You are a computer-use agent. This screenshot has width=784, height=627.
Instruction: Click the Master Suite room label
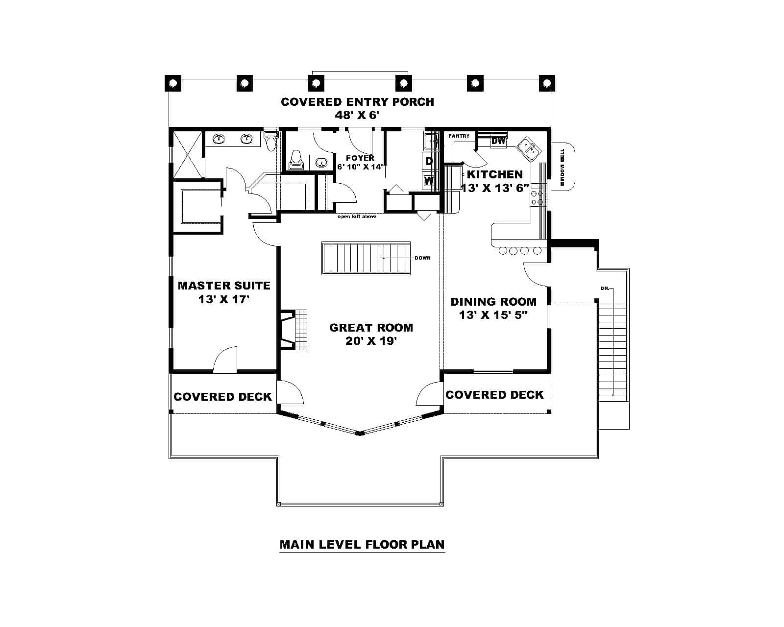point(224,285)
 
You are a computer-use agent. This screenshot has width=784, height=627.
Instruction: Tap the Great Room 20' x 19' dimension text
point(370,341)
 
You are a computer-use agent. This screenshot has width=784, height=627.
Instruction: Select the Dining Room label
point(493,302)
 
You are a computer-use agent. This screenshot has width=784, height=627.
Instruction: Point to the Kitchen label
point(495,174)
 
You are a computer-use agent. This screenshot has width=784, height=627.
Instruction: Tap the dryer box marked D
point(429,161)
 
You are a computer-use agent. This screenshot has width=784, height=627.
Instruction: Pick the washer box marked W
point(429,180)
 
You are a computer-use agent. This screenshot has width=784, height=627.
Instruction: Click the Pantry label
point(459,136)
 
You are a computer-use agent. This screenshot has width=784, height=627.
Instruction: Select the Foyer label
point(360,158)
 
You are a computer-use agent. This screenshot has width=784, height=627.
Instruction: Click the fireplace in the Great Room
point(294,329)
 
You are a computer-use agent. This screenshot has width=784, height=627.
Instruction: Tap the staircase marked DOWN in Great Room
point(367,258)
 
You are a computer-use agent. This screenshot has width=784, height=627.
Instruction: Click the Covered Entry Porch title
point(357,102)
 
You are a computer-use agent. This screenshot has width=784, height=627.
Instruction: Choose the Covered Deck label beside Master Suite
point(222,396)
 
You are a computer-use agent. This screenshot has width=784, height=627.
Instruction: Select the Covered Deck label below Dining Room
point(494,394)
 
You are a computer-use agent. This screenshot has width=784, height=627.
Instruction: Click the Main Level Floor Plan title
point(362,544)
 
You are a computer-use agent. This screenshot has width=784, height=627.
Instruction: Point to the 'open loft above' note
point(357,216)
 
